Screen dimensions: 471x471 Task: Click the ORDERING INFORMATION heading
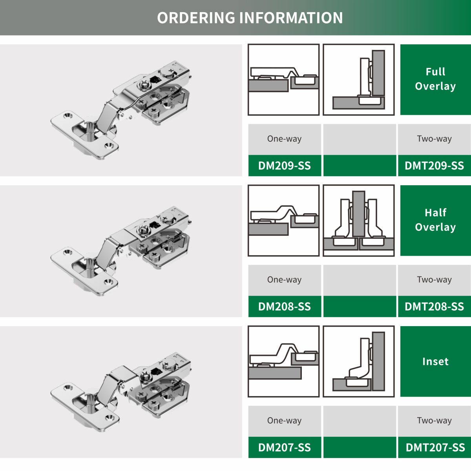250,18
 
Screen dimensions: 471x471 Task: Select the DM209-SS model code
285,166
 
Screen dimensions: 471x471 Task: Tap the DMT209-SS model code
434,166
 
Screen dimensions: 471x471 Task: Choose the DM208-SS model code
285,307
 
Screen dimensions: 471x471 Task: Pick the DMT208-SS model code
434,307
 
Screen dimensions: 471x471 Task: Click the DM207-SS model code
285,447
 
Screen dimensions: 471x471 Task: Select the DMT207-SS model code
435,447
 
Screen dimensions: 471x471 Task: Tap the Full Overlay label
435,79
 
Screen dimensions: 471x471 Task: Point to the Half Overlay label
435,220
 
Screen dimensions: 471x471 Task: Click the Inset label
435,361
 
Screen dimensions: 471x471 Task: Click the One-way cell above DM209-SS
285,139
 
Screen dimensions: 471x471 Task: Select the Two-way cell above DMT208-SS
434,280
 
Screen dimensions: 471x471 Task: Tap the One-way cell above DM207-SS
285,421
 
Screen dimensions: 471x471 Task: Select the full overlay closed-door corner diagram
359,79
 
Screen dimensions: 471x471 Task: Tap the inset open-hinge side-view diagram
283,361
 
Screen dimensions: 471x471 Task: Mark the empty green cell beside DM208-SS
360,307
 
